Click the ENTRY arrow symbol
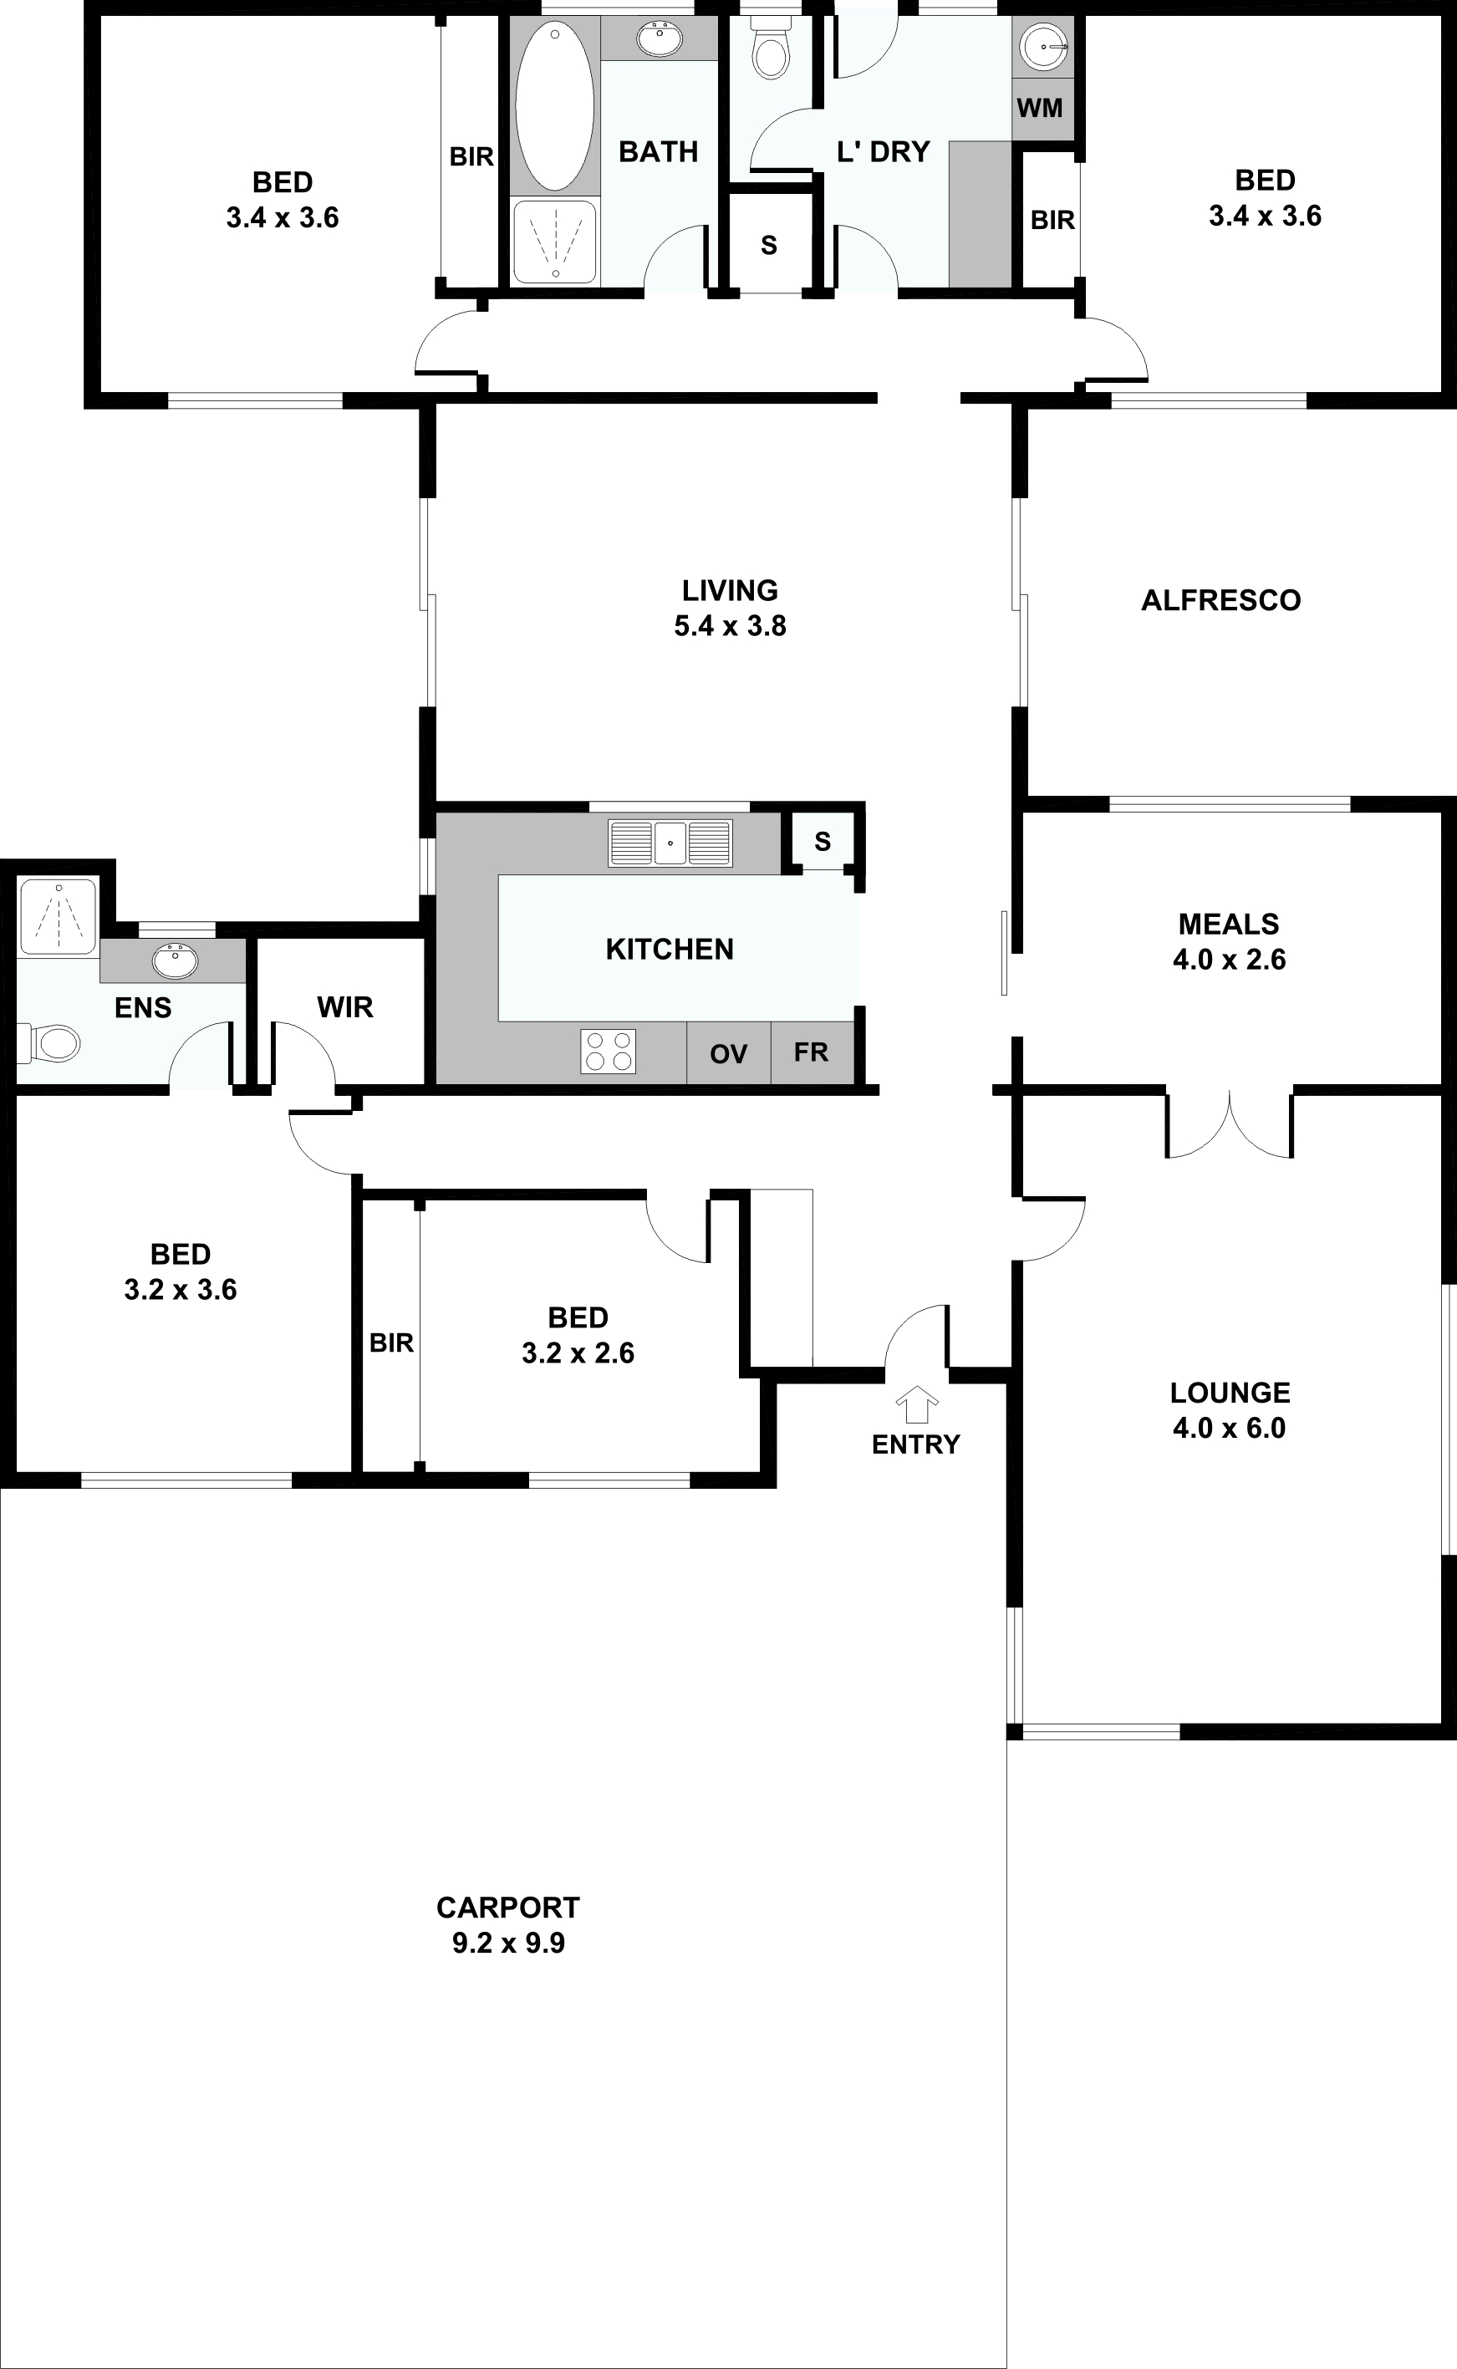point(916,1404)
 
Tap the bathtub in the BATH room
point(554,106)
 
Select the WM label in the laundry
point(1040,108)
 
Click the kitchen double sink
point(670,843)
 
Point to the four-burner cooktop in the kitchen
point(608,1051)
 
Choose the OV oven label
point(729,1054)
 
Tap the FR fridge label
point(812,1052)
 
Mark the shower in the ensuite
point(59,917)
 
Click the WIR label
point(345,1008)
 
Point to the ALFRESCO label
point(1221,600)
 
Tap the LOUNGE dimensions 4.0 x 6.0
point(1230,1428)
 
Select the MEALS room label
point(1229,924)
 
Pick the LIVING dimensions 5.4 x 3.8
point(731,625)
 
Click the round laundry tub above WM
point(1043,44)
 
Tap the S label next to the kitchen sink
point(822,841)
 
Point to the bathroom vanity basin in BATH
point(660,38)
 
